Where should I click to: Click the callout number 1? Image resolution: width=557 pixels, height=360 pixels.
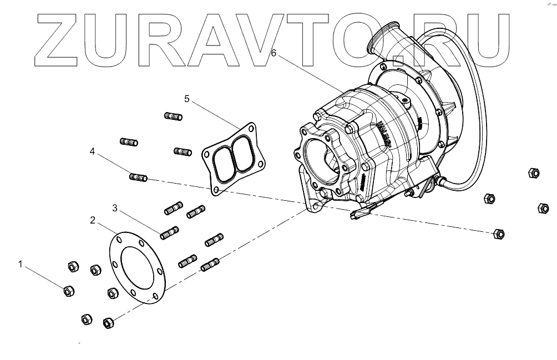(x=21, y=265)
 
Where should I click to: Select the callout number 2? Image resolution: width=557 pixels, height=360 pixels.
(x=93, y=220)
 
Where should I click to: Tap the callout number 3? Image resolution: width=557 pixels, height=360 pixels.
(x=115, y=208)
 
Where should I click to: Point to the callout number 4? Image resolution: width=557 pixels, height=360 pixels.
(x=93, y=150)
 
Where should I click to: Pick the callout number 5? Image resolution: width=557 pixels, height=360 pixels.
(x=187, y=99)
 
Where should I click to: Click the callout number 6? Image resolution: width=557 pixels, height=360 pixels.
(x=274, y=53)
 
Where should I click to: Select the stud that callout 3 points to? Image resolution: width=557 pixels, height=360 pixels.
(x=169, y=234)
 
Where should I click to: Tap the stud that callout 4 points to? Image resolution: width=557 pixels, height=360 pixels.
(x=138, y=178)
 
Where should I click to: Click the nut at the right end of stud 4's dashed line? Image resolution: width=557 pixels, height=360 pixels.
(x=498, y=234)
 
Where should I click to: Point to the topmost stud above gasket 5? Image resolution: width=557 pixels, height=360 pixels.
(x=174, y=116)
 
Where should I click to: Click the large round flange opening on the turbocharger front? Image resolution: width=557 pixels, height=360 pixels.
(x=321, y=159)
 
